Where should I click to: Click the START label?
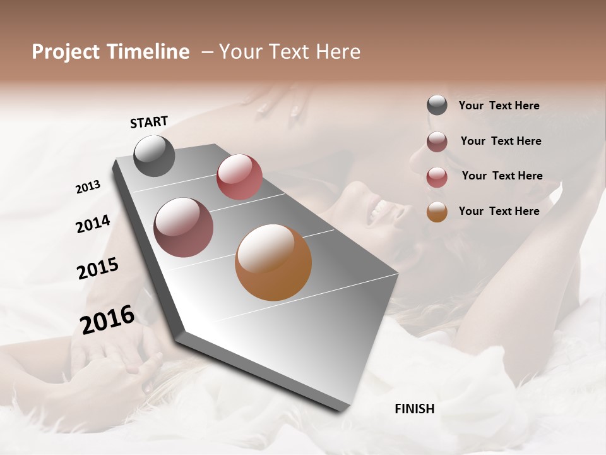coord(149,122)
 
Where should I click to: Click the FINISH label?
coord(415,409)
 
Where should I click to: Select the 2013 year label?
coord(88,186)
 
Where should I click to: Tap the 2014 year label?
coord(93,224)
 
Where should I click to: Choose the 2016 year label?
coord(107,319)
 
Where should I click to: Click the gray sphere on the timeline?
coord(154,155)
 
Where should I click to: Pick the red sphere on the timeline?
coord(239,177)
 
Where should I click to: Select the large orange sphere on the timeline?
coord(273,262)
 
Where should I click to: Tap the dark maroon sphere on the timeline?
coord(184,227)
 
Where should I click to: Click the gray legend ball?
coord(437,106)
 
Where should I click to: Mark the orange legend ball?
coord(437,212)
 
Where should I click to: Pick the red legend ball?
coord(437,177)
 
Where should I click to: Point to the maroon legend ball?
coord(437,142)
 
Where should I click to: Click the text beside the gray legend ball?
coord(499,106)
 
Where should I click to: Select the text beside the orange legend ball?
coord(499,211)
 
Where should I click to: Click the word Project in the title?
coord(66,52)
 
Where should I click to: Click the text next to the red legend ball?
coord(502,176)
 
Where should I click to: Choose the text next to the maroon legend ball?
coord(501,141)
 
